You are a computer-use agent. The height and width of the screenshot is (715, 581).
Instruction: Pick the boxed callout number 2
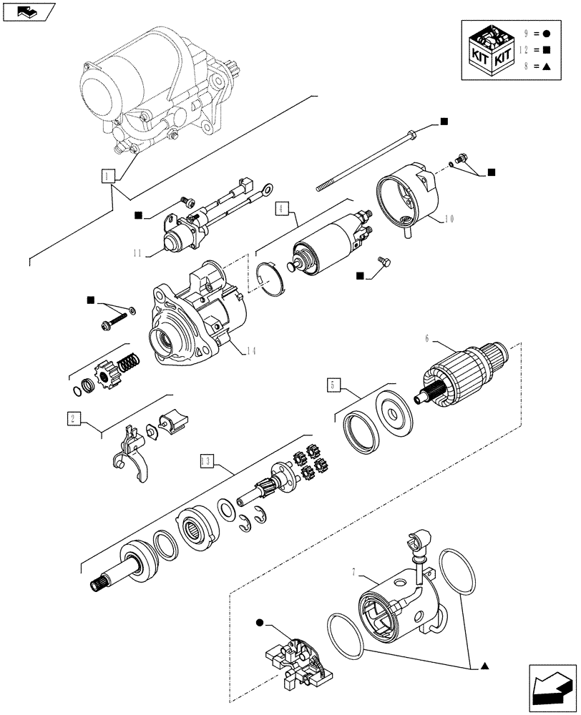[x=73, y=419]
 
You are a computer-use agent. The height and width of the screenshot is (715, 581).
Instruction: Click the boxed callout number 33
[x=206, y=461]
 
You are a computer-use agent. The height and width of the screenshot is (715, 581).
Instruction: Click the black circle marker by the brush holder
[x=259, y=624]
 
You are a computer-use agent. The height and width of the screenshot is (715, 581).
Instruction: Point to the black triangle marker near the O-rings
[x=484, y=666]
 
